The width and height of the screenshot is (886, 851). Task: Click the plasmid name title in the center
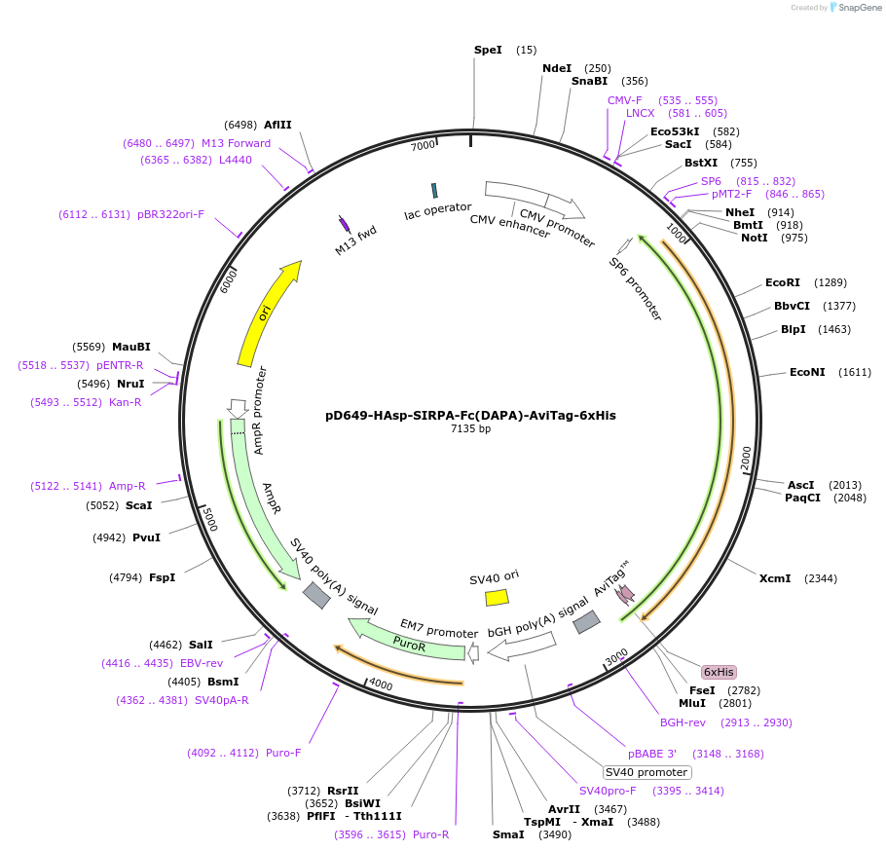(x=470, y=415)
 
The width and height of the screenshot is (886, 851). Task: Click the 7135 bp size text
(x=470, y=428)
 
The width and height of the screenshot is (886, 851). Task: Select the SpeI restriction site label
(x=488, y=50)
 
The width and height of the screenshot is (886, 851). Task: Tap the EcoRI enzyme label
(x=782, y=282)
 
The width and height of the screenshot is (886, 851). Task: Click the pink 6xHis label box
(x=719, y=672)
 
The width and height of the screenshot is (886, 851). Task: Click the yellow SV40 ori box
(x=497, y=597)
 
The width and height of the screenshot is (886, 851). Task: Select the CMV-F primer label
(x=625, y=100)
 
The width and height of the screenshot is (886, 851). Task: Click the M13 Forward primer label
(x=237, y=143)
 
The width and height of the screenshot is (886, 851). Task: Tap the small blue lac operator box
(x=434, y=190)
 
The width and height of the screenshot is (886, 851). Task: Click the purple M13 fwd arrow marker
(x=344, y=223)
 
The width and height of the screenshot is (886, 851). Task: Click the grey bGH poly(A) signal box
(x=586, y=622)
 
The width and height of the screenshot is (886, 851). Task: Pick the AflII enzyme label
(x=277, y=125)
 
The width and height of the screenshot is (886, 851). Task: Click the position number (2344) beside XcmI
(x=821, y=578)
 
